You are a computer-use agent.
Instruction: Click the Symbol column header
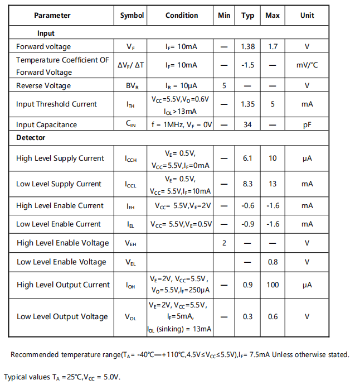click(132, 16)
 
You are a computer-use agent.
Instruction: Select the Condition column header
click(182, 16)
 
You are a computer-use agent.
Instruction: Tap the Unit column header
click(307, 16)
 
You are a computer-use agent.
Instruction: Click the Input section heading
click(46, 33)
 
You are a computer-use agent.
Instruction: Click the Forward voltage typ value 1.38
click(247, 47)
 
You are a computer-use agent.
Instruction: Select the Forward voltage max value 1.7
click(273, 47)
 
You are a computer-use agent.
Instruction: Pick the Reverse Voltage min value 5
click(224, 86)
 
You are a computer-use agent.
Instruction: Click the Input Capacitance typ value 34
click(247, 125)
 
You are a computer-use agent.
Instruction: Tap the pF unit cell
click(307, 125)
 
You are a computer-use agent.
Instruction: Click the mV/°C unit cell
click(307, 65)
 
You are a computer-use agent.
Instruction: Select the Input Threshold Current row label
click(56, 104)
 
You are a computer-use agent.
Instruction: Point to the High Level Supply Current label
click(60, 158)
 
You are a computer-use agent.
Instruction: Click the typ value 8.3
click(247, 184)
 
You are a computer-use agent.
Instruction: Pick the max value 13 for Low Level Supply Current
click(273, 184)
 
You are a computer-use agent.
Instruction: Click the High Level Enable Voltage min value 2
click(224, 243)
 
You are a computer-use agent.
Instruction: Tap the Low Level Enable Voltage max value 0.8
click(273, 262)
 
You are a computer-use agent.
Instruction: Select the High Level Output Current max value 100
click(273, 285)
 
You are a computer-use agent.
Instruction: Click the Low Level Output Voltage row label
click(62, 317)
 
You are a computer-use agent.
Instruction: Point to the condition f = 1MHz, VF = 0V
click(182, 125)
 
